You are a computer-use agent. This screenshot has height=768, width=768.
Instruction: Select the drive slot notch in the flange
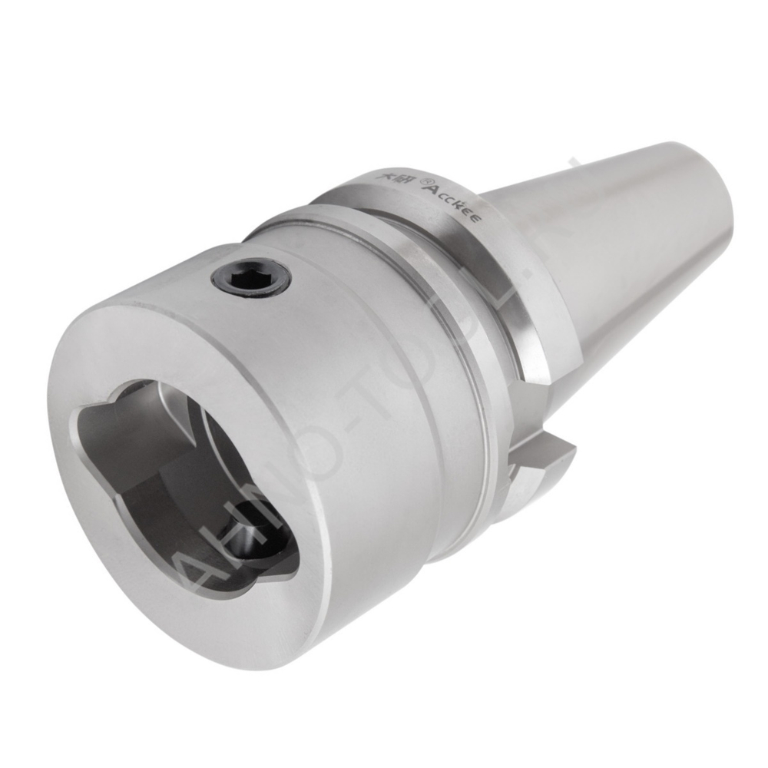click(x=538, y=407)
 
